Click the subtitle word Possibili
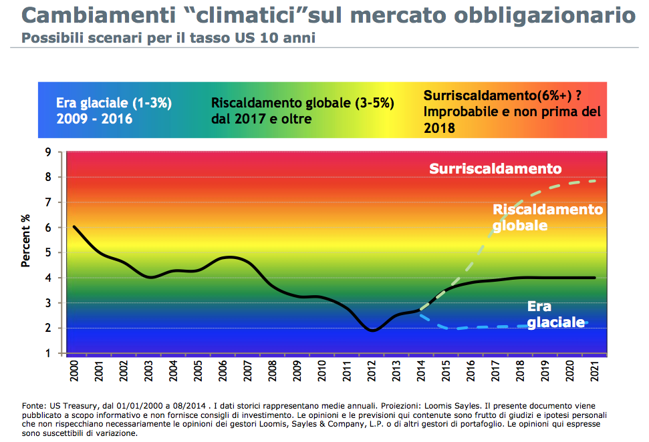50,38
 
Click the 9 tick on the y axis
48,152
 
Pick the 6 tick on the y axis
48,228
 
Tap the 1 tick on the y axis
48,353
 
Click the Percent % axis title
26,240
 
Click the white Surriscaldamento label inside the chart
495,169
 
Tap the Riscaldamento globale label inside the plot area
547,217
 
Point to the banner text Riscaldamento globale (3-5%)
303,103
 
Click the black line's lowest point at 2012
373,330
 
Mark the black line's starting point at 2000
74,227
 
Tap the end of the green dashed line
595,181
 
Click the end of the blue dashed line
588,322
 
